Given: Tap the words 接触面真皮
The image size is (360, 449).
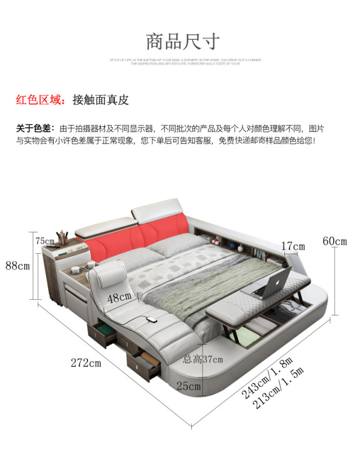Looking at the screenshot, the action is tap(101, 100).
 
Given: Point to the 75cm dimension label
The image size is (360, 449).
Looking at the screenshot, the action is tap(45, 241).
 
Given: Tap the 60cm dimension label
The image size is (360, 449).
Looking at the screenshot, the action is tap(335, 241).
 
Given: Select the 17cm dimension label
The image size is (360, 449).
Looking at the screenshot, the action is tap(293, 246).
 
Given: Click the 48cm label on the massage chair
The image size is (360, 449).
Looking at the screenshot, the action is tap(119, 298).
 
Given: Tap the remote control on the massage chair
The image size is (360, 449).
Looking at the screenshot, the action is tap(151, 320).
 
